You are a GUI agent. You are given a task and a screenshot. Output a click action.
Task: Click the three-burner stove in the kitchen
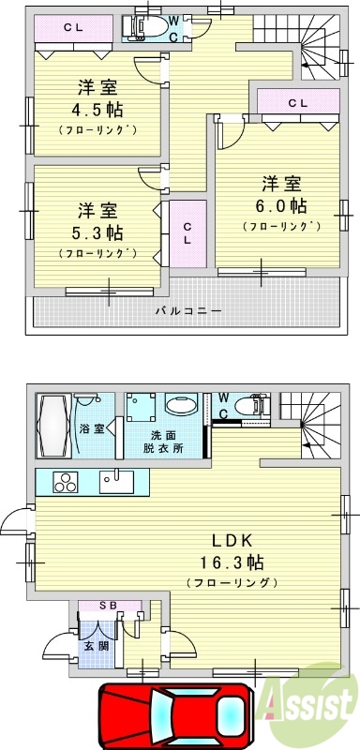pyautogui.click(x=66, y=484)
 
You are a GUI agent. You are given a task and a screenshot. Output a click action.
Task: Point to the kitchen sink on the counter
pyautogui.click(x=118, y=482)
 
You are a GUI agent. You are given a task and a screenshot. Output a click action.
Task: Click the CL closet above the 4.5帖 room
pyautogui.click(x=73, y=28)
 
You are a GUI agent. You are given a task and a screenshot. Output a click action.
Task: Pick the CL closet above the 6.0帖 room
pyautogui.click(x=298, y=102)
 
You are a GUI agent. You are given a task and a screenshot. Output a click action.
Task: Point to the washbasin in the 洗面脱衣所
pyautogui.click(x=178, y=407)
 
